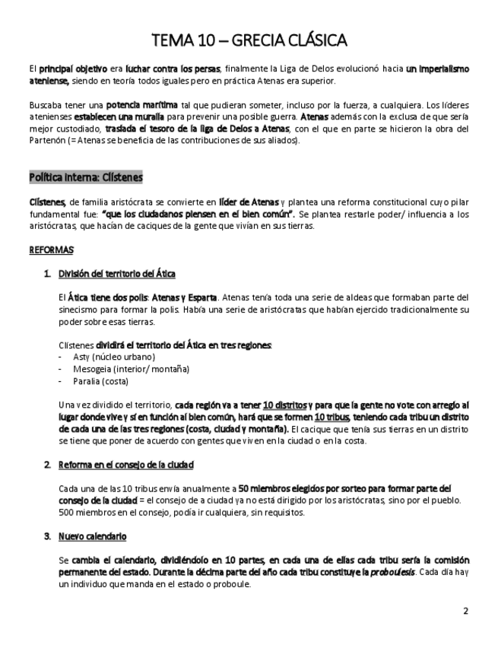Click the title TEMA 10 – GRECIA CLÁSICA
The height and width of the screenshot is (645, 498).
(249, 39)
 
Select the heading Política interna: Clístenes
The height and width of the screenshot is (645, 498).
(85, 177)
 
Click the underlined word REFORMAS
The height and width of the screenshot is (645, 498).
(51, 249)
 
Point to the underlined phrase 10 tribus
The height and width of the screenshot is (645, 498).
(333, 418)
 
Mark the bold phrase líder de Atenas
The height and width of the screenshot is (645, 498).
(249, 201)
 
